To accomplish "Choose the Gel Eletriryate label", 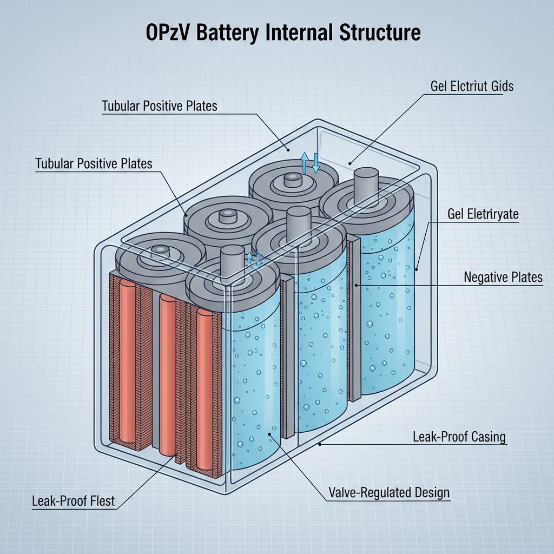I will (x=483, y=214).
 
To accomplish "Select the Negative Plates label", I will (x=503, y=278).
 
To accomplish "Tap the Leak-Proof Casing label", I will (x=459, y=436).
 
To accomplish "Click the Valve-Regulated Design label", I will (x=389, y=493).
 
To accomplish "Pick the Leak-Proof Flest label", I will (x=73, y=501).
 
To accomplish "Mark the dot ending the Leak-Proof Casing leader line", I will (x=320, y=444).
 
